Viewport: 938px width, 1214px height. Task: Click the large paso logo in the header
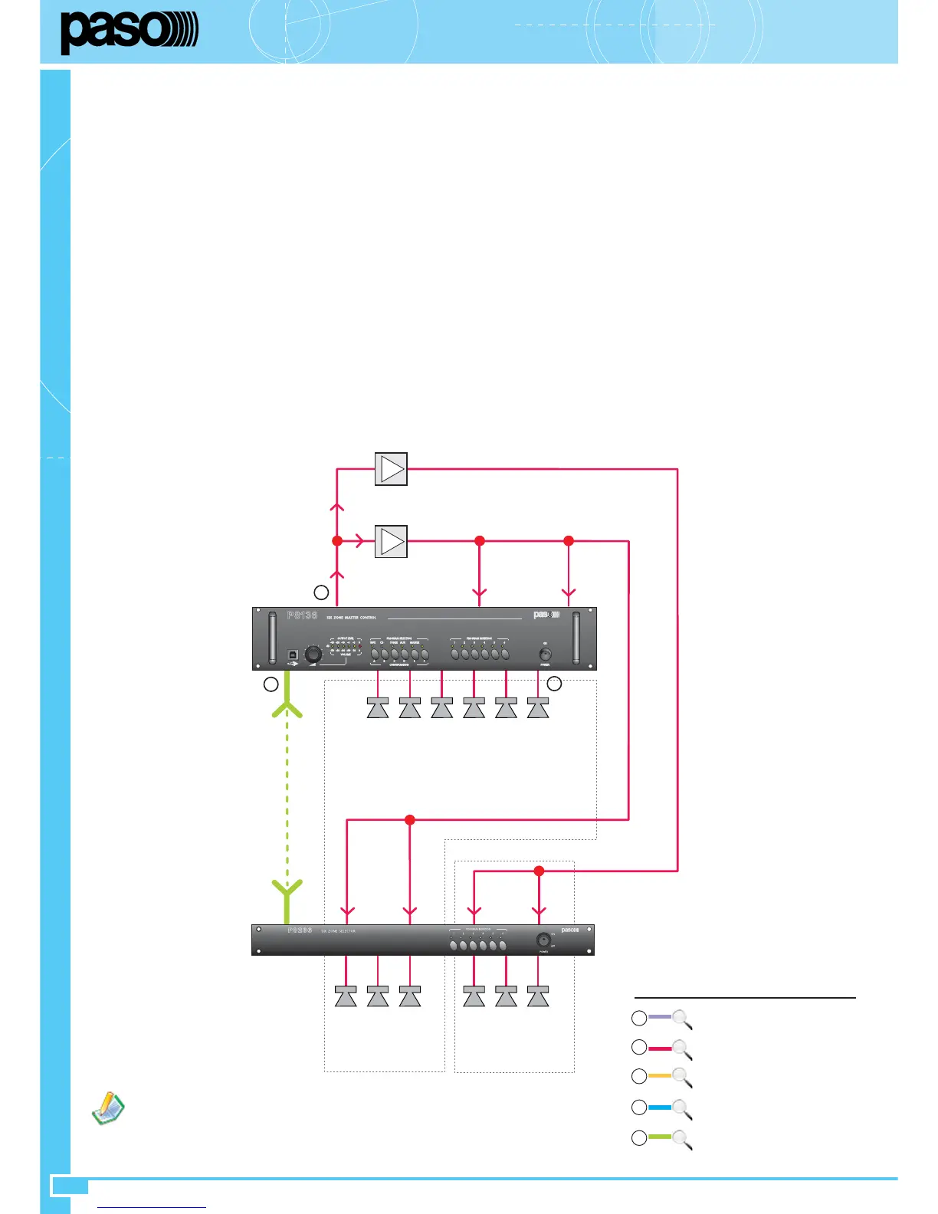coord(129,32)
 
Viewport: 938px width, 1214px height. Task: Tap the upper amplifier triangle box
coord(391,469)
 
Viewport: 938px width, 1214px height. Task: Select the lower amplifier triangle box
coord(391,541)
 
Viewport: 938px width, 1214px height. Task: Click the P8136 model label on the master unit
coord(302,615)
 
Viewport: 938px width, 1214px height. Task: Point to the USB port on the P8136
coord(293,656)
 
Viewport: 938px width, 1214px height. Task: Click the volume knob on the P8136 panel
coord(313,655)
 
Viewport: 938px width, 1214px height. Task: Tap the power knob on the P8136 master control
coord(545,655)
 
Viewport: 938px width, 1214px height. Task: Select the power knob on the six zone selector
coord(543,940)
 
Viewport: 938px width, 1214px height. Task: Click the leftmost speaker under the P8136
coord(378,708)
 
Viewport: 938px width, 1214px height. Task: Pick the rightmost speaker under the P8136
coord(538,708)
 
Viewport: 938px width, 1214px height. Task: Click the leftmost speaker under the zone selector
coord(346,996)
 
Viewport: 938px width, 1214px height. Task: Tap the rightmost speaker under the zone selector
coord(538,996)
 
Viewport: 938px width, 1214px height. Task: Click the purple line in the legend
coord(659,1017)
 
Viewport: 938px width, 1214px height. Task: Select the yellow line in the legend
coord(659,1076)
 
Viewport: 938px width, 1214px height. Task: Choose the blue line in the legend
coord(659,1107)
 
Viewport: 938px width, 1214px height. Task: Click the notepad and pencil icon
coord(108,1108)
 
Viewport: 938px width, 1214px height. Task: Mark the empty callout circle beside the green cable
coord(271,684)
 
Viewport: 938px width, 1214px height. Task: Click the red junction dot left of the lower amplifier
coord(337,541)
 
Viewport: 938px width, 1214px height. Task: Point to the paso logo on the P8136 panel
coord(546,615)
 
